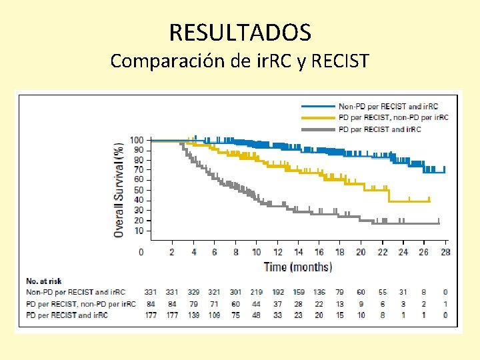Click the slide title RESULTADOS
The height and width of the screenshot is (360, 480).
tap(239, 31)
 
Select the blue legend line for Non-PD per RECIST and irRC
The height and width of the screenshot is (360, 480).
tap(318, 107)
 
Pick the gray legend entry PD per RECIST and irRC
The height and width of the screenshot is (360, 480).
tap(379, 129)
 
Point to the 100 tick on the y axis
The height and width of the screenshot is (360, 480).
tap(136, 140)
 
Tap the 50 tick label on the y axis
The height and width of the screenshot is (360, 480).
tap(138, 190)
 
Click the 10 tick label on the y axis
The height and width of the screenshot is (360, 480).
tap(138, 231)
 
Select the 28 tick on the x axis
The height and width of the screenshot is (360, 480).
tap(445, 252)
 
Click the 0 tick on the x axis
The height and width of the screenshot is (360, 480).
tap(141, 252)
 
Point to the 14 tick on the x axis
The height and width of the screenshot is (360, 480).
tap(298, 252)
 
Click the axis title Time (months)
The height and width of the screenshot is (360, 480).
tap(297, 267)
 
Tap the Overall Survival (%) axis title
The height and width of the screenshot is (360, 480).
tap(118, 189)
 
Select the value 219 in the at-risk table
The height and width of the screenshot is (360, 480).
tap(257, 292)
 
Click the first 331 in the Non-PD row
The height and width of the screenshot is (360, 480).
tap(151, 292)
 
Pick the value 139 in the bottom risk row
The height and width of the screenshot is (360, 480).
tap(193, 315)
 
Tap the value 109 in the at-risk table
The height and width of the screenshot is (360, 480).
tap(214, 315)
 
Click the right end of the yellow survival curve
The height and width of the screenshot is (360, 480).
tap(430, 200)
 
